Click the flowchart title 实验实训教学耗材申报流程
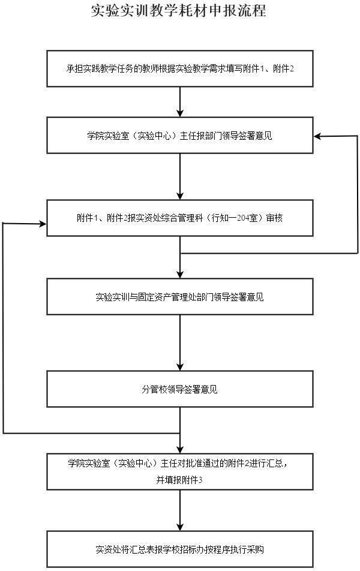coord(179,11)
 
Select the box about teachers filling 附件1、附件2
coord(180,69)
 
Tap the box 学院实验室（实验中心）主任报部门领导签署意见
coord(180,135)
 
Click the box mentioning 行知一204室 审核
coord(180,218)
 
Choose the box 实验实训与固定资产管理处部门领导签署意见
coord(180,297)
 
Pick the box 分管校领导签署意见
coord(180,389)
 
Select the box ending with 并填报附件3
coord(180,471)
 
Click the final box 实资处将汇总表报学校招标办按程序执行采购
coord(180,549)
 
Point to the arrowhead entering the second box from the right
coord(318,136)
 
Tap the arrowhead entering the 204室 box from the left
coord(43,224)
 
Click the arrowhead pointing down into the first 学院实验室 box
coord(180,113)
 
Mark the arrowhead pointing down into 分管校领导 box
coord(180,366)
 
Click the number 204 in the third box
coord(242,218)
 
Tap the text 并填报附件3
coord(179,480)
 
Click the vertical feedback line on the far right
coord(358,194)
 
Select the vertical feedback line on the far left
coord(3,328)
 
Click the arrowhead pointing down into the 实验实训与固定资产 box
coord(180,274)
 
